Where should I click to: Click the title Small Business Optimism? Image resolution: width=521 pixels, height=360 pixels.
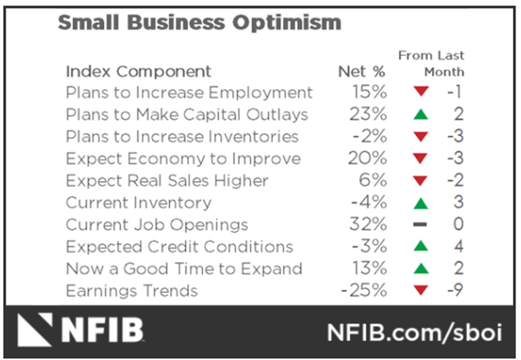point(199,23)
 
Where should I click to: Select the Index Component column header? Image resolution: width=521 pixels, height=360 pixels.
point(138,72)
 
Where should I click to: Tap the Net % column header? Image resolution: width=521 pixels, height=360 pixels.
point(362,72)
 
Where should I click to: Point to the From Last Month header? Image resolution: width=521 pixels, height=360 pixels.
point(431,64)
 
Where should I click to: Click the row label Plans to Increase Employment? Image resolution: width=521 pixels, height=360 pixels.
point(189,93)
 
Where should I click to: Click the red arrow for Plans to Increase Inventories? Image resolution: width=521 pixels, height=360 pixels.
point(420,137)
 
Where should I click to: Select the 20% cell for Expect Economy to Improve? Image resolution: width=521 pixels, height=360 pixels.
point(368,159)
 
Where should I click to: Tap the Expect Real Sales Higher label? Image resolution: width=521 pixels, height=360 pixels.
point(167,181)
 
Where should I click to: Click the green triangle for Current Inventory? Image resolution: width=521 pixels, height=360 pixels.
point(420,203)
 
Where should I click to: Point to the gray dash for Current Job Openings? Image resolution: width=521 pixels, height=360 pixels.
point(420,225)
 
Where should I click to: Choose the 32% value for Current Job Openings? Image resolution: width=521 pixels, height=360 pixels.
point(368,225)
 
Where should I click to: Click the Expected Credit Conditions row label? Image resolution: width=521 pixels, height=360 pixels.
point(179,247)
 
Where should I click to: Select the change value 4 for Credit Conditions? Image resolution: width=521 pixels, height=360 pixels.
point(458,247)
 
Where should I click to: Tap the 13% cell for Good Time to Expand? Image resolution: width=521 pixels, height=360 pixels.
point(369,269)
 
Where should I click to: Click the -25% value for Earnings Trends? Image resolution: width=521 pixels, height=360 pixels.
point(363,291)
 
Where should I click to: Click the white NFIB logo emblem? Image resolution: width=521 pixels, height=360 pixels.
point(35,330)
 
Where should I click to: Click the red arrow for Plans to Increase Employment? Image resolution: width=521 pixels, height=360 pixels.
point(420,92)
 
